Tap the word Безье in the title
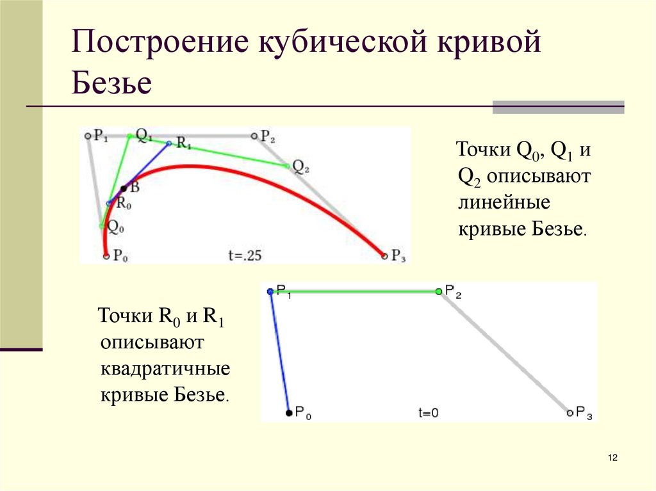(x=111, y=84)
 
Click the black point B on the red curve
(x=124, y=188)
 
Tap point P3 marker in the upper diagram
(x=384, y=256)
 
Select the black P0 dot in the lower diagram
(x=289, y=413)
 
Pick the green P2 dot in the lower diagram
(x=439, y=291)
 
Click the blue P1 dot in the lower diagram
(x=270, y=291)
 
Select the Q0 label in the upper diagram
(x=115, y=226)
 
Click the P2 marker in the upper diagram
(x=254, y=136)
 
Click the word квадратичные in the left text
(x=165, y=370)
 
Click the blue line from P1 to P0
(x=279, y=352)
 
